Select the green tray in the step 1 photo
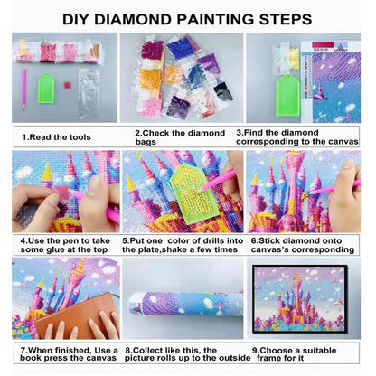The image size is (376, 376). coord(52,88)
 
